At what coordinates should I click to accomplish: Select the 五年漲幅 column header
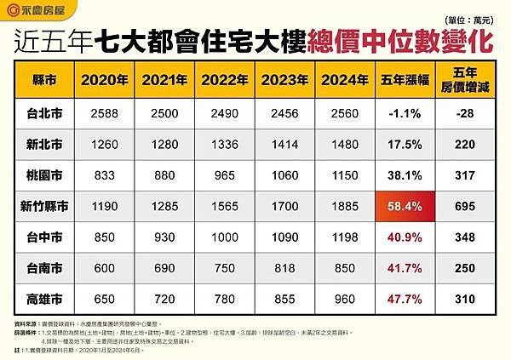click(x=403, y=81)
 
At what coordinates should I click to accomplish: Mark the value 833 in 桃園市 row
click(x=101, y=174)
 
